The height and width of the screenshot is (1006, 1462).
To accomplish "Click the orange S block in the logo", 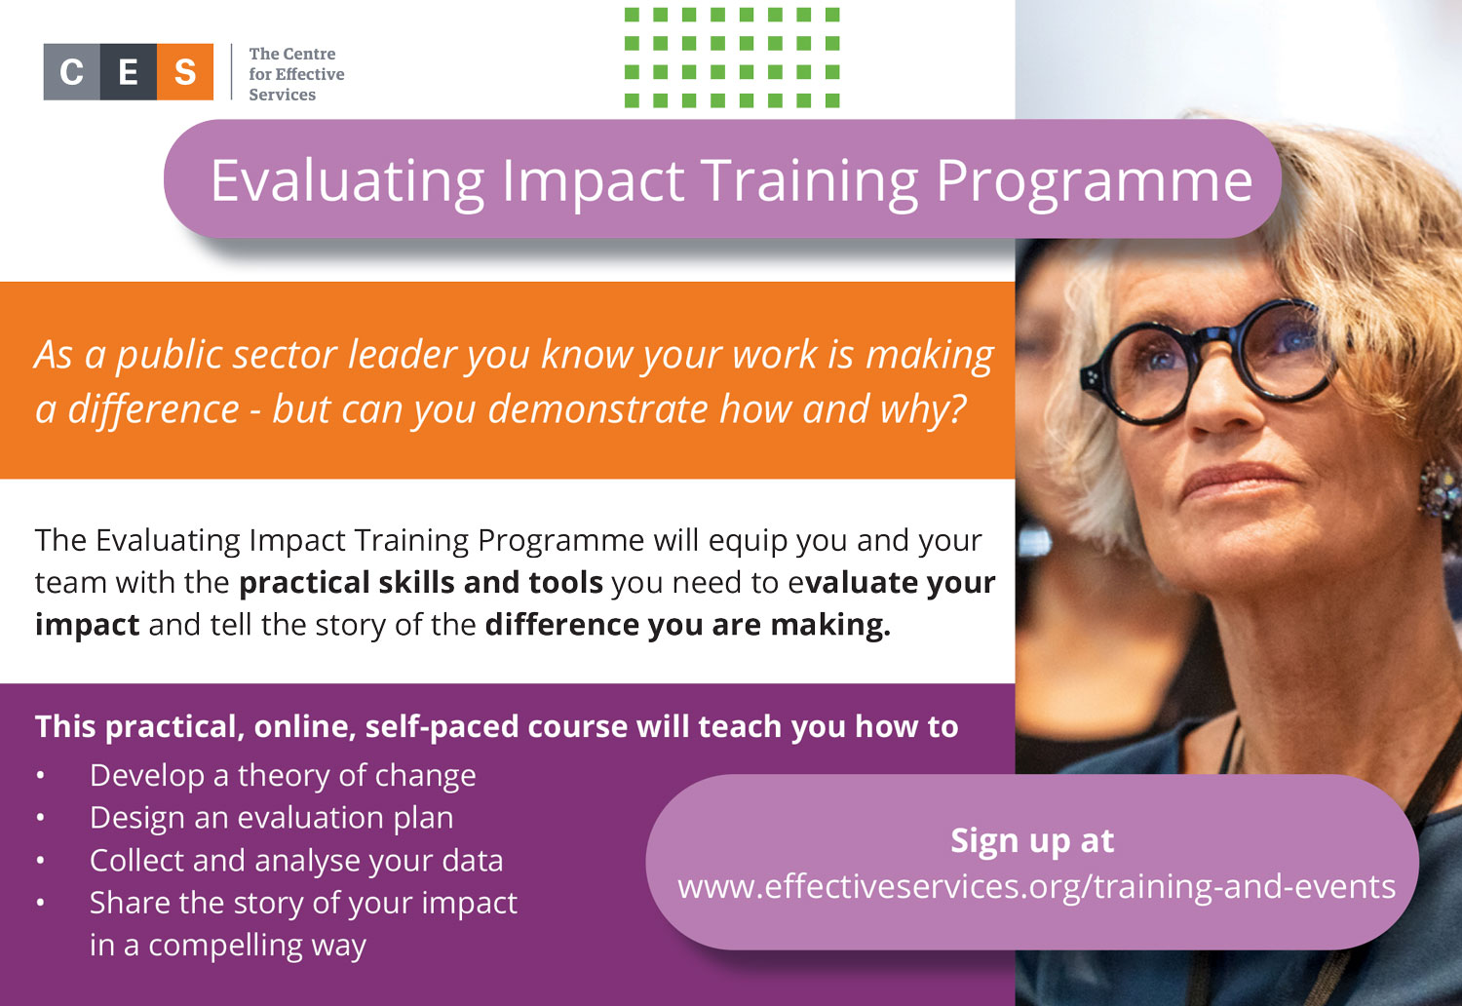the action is [x=185, y=72].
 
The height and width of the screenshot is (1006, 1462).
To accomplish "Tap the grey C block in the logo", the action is [x=72, y=72].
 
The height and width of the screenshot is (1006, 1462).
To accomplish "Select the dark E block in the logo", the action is [x=129, y=72].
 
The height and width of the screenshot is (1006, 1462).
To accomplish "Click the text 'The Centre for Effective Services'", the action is [x=296, y=74].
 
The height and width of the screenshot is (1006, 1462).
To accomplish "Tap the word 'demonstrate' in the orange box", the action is [x=597, y=409].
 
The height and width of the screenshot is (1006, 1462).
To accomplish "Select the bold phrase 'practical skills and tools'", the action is [x=421, y=582].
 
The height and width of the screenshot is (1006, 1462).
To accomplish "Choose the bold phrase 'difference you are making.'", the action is [x=688, y=625].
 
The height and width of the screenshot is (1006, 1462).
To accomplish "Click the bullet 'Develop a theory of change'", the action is [x=283, y=776].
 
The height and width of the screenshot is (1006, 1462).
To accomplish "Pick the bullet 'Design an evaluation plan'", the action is [x=272, y=818].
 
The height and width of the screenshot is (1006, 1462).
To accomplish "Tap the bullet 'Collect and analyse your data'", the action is [x=296, y=861].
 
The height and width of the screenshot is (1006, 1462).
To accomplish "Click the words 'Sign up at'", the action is [x=1032, y=840].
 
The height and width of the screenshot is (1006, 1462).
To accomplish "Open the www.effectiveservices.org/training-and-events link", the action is [x=1036, y=887].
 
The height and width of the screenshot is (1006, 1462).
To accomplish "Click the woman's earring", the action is [x=1442, y=489].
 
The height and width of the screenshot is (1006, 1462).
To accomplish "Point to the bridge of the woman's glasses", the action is [x=1217, y=339].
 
